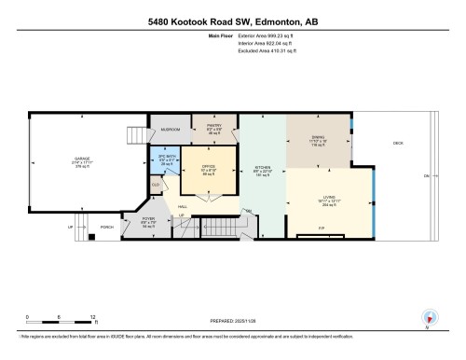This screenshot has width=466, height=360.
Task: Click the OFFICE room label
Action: pos(210,170)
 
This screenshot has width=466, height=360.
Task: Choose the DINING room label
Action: pos(318,141)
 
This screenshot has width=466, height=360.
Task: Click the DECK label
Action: pos(397,143)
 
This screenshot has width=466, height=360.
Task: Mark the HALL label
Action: pos(171,204)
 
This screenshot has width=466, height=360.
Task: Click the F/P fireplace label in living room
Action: pos(321,228)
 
